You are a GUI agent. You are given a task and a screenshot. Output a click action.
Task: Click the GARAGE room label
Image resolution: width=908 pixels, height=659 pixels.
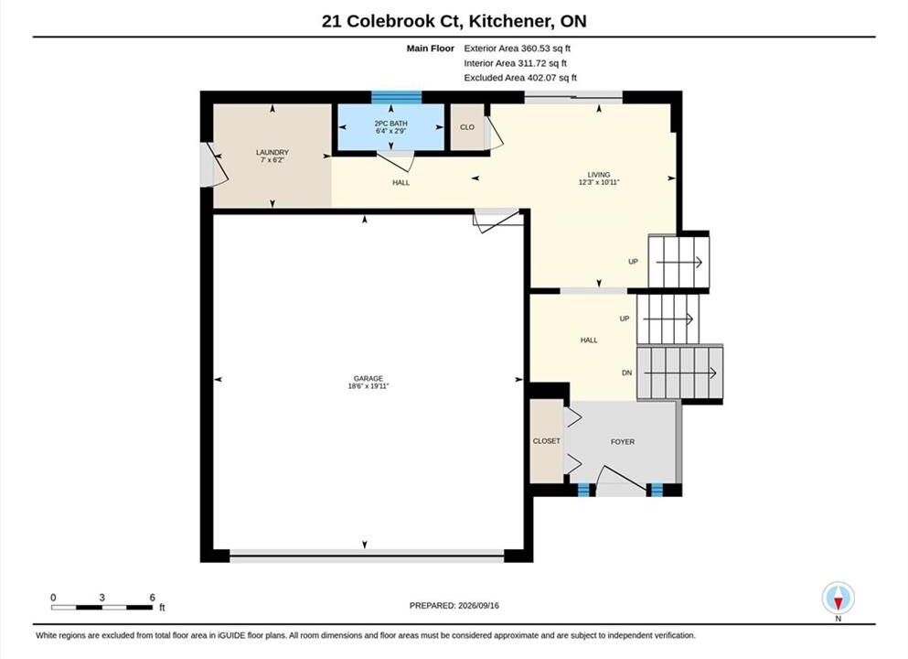point(369,379)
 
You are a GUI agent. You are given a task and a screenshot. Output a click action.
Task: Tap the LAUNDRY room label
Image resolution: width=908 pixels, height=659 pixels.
point(272,152)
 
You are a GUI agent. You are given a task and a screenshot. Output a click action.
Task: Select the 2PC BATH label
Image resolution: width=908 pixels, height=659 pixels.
point(390,124)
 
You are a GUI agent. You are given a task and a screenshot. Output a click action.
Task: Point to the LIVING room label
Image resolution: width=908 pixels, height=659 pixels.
point(599,175)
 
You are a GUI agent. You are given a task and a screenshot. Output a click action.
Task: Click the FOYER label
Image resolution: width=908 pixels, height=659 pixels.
point(623,442)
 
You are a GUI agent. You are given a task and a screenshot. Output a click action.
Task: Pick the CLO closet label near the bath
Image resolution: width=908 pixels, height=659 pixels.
point(467,127)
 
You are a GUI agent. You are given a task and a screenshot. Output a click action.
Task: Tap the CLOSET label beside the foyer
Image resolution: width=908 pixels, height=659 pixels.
point(547,441)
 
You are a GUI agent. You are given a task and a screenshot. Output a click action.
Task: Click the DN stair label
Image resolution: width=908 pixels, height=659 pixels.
point(626,373)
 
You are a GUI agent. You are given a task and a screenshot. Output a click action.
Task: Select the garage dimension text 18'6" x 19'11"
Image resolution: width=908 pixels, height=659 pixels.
point(369,386)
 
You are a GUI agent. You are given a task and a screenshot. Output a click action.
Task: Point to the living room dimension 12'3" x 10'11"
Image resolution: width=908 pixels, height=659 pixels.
point(599,182)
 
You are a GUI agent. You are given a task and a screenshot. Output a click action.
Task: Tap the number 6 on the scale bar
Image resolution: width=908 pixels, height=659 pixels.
point(153,598)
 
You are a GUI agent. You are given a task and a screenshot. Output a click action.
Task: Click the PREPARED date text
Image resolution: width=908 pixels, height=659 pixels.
point(454,606)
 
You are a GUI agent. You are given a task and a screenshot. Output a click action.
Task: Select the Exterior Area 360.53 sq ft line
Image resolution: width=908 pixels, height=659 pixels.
point(518,49)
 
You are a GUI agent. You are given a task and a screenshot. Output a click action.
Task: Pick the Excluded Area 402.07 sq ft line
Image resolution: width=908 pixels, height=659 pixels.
point(520,78)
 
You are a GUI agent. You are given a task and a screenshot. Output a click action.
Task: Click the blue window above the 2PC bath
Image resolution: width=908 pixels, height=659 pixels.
point(396,97)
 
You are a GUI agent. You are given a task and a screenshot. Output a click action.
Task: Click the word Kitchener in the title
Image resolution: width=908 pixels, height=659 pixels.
point(509,21)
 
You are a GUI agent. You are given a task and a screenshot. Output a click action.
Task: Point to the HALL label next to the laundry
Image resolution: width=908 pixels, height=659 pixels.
point(401,182)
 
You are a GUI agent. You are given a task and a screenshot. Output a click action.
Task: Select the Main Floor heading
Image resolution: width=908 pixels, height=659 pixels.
point(431,49)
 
